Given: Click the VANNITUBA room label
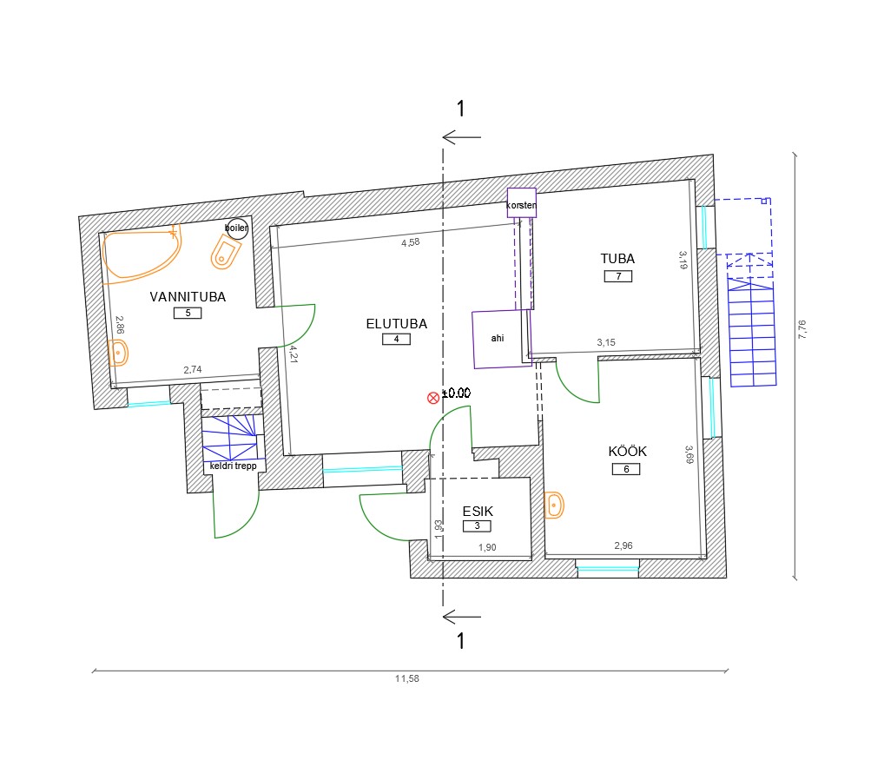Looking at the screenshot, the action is click(188, 297).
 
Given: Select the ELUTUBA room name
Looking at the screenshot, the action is click(396, 324).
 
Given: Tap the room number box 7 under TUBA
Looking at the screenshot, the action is click(618, 276).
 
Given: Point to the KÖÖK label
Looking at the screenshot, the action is click(627, 451).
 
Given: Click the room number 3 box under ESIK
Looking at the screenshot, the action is click(477, 526).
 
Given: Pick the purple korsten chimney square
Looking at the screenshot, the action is click(522, 203).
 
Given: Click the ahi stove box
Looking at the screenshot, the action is click(502, 339).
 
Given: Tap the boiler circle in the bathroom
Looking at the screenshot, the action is click(237, 228).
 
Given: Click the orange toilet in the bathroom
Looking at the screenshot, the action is click(225, 252).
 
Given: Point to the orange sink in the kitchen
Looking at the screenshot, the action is click(554, 505).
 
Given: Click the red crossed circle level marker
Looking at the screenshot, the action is click(433, 398).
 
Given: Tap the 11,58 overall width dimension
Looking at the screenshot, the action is click(407, 678).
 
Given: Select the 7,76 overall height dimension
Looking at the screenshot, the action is click(802, 329).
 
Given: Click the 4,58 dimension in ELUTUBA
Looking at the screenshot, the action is click(411, 242).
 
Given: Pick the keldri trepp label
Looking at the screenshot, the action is click(233, 466).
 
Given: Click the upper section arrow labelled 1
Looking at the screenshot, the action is click(462, 137).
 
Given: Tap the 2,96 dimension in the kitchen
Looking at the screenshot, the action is click(623, 545).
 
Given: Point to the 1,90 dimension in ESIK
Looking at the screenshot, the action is click(487, 547).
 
